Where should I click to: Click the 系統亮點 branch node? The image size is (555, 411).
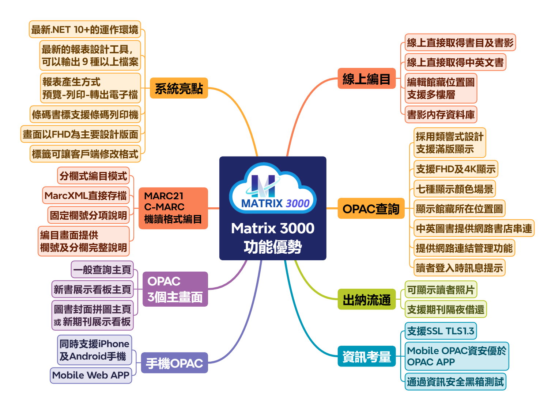tap(179, 88)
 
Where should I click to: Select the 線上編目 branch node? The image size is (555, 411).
tap(366, 78)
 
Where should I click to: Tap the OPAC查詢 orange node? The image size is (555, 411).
tap(371, 208)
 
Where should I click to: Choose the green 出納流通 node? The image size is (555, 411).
tap(366, 299)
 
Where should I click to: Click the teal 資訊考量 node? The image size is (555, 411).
tap(366, 356)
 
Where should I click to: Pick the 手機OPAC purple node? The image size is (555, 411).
tap(174, 363)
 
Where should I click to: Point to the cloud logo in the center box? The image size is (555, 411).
tap(273, 188)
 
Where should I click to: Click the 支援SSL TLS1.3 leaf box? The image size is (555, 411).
tap(441, 331)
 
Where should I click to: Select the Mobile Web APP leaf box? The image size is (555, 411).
tap(91, 375)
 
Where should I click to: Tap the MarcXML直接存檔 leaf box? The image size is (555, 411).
tap(86, 195)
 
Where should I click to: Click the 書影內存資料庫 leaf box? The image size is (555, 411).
tap(441, 115)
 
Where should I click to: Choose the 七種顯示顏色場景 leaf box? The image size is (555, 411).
tap(454, 189)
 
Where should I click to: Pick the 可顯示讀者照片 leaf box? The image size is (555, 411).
tap(441, 289)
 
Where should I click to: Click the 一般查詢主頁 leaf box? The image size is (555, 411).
tap(102, 269)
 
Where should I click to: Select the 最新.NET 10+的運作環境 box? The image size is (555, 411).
tap(85, 29)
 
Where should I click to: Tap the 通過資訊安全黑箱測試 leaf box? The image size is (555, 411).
tap(455, 381)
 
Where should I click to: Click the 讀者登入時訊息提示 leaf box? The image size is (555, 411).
tap(459, 268)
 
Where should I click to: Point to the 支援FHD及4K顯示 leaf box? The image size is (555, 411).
tap(456, 169)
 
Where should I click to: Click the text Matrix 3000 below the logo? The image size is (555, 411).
tap(273, 228)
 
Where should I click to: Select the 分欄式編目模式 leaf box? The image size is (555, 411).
tap(93, 176)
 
